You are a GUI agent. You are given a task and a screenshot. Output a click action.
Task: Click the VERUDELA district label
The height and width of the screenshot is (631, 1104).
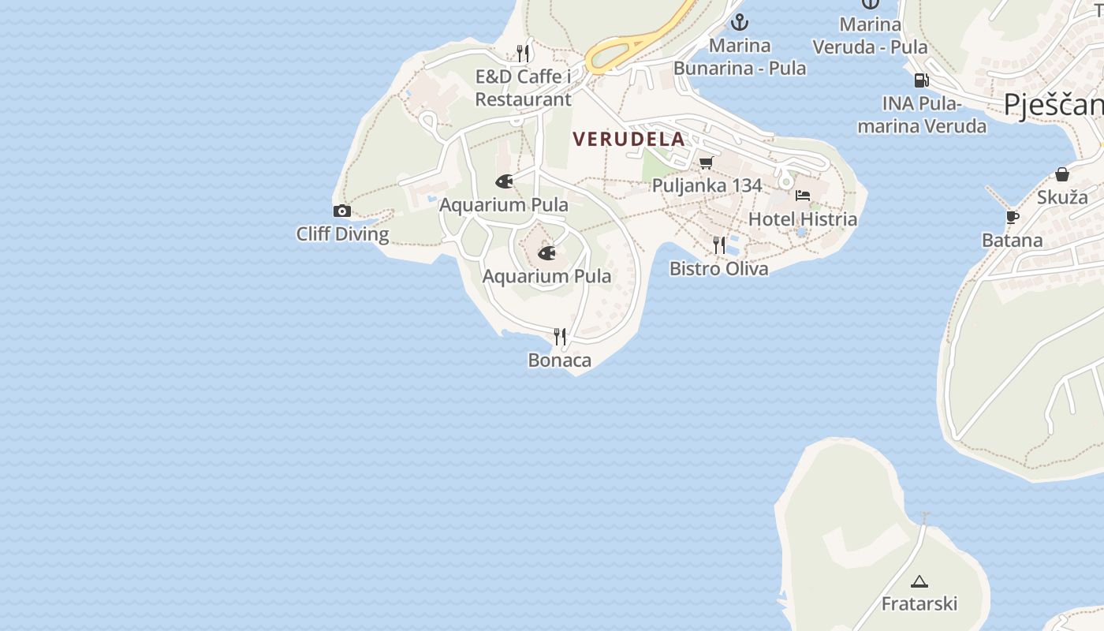(x=628, y=140)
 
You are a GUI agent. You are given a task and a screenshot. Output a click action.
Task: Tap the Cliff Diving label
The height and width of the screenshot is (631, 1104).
(x=342, y=234)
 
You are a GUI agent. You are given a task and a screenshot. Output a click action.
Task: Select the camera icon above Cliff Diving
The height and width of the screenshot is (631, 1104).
(x=341, y=211)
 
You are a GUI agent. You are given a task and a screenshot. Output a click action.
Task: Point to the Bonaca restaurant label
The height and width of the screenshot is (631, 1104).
(x=559, y=360)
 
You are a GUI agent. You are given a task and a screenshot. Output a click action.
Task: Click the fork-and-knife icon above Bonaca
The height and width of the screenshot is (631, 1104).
(x=560, y=337)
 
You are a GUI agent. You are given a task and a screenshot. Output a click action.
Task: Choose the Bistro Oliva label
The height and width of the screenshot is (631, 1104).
(x=718, y=269)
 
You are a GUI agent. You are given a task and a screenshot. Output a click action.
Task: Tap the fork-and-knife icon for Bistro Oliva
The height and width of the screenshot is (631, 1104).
(x=719, y=245)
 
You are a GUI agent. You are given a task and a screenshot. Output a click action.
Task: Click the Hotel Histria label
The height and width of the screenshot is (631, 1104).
(x=802, y=219)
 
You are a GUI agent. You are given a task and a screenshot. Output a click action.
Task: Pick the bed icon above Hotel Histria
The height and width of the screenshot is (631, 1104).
(x=803, y=196)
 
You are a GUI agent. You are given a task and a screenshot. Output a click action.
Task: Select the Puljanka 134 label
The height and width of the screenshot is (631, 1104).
(x=707, y=186)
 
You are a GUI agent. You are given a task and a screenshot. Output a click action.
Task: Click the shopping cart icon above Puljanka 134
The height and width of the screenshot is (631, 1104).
(x=706, y=162)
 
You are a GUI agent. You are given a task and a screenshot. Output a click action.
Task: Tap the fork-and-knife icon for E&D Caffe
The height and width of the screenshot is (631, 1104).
(x=523, y=53)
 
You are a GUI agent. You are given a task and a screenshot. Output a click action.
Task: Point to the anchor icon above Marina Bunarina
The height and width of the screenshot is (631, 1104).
(x=739, y=22)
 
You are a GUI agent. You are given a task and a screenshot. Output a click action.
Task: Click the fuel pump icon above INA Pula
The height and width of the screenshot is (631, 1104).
(x=921, y=80)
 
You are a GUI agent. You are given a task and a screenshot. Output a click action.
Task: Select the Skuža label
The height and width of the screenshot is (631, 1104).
(x=1061, y=197)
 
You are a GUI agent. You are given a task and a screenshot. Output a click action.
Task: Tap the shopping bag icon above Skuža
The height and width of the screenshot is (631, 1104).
(x=1062, y=174)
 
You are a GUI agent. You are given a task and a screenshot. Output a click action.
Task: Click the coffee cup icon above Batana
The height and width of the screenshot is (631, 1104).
(x=1013, y=217)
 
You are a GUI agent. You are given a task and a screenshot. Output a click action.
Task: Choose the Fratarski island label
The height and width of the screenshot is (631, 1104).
(x=919, y=604)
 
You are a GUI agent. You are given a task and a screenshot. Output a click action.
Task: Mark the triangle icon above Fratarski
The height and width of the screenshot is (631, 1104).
(x=919, y=582)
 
